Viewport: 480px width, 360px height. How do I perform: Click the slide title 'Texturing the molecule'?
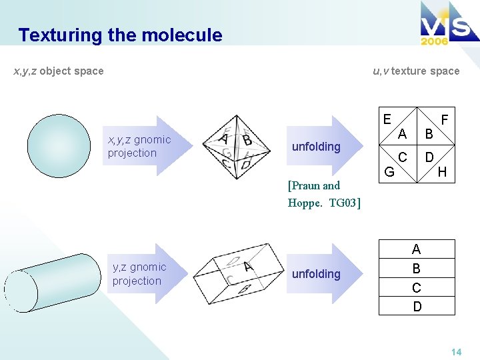(x=120, y=35)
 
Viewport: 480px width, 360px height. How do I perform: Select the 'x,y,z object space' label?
(x=59, y=71)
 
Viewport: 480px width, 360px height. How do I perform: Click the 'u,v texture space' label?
(x=416, y=71)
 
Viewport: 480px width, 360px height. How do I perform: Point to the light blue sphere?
(x=58, y=146)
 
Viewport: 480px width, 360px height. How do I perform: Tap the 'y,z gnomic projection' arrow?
(x=143, y=274)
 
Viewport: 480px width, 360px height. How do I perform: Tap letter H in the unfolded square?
(x=442, y=173)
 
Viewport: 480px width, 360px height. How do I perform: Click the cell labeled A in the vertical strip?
(x=417, y=249)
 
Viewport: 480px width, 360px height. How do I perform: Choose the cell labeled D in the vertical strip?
(x=417, y=307)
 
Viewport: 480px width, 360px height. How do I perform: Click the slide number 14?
(x=457, y=351)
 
